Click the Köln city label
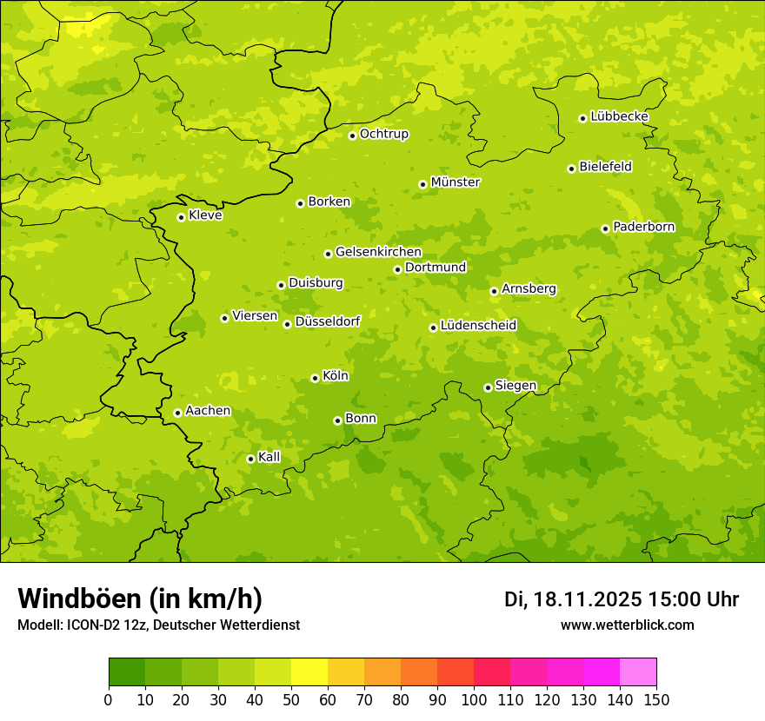point(336,376)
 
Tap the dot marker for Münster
point(423,184)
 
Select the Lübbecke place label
point(619,116)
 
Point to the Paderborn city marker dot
point(606,228)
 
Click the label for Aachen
point(208,411)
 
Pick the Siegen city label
point(516,386)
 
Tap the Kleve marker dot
point(182,217)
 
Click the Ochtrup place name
point(383,134)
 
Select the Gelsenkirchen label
point(378,252)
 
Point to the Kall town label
point(269,457)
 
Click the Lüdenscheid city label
point(478,326)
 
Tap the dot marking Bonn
point(338,420)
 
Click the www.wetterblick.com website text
point(627,625)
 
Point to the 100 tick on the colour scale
point(474,700)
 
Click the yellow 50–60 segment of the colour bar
point(309,672)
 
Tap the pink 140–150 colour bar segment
point(638,672)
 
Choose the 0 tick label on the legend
point(109,700)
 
